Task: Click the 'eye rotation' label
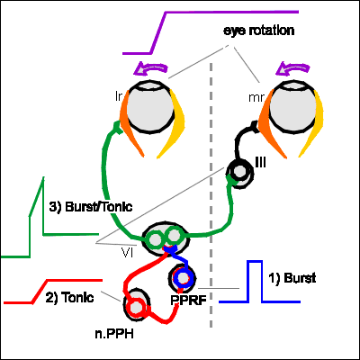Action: (258, 31)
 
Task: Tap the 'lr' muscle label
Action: (119, 96)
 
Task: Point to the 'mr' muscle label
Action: (256, 98)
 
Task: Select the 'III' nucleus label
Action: (260, 163)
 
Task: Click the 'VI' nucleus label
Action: (128, 253)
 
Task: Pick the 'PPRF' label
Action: (188, 300)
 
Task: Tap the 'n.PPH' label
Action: (114, 334)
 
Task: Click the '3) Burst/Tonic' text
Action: (91, 207)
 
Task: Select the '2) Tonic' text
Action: (69, 298)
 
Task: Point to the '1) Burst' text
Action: (292, 278)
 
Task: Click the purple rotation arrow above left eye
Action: (150, 68)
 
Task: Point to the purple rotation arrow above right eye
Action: (292, 68)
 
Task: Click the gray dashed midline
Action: (211, 195)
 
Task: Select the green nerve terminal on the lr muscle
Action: (118, 128)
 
